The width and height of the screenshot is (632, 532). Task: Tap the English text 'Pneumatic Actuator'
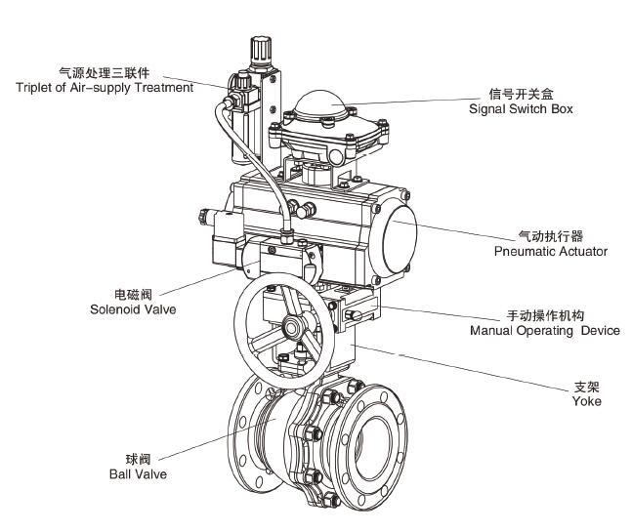pos(550,252)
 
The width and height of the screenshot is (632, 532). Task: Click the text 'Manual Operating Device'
pos(544,331)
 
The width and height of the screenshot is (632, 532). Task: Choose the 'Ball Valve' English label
pos(138,473)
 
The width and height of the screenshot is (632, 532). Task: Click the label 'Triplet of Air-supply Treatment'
pos(104,88)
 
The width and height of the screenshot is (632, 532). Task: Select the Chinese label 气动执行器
pos(550,236)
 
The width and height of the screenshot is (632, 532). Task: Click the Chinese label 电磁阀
pos(133,294)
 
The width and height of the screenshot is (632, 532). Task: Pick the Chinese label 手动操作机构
pos(544,316)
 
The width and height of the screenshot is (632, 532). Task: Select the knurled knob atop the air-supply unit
pos(257,46)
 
